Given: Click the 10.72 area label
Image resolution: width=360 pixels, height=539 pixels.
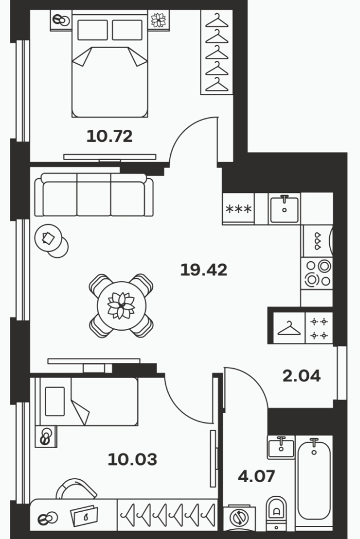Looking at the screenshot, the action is pos(109,136).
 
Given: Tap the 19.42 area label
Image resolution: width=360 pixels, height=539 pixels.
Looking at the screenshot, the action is pos(204,270).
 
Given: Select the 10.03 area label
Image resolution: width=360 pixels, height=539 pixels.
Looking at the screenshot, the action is pos(133,459).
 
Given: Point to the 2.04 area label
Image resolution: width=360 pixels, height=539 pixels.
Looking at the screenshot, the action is pos(301,376).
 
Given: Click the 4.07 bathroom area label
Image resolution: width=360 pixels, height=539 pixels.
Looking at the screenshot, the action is pos(256,476).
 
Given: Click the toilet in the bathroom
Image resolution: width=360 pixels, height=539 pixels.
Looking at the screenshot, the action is pos(276,512).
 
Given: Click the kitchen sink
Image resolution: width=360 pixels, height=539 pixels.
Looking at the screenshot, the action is pos(284,209).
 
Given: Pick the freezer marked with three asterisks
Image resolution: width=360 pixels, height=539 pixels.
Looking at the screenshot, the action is pos(239,209).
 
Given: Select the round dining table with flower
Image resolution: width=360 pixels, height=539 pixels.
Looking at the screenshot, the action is pos(121,305).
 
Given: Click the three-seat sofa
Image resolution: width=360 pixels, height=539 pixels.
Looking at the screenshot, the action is pos(94,195).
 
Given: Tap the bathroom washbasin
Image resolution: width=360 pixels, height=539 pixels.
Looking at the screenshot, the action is pos(281,447).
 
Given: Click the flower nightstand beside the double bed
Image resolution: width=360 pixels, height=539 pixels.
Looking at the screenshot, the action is pos(159,20).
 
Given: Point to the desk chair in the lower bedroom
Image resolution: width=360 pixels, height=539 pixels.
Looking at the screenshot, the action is pos(76,487).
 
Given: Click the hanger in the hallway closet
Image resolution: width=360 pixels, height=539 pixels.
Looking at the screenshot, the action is pos(289,328).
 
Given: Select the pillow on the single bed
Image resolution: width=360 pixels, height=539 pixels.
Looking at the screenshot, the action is pos(55,401).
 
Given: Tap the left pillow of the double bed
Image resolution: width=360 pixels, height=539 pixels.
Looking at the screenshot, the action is pos(93,30).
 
